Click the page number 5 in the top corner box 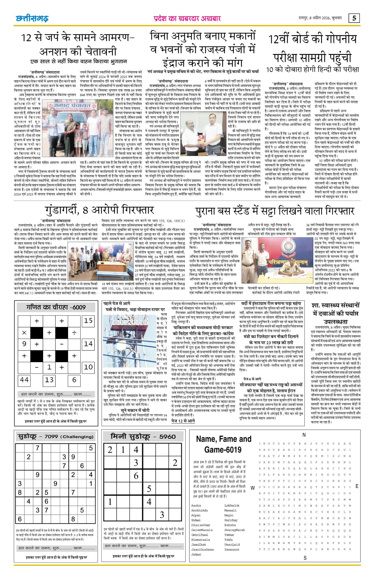pos(354,18)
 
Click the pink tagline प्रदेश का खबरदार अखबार pos(187,18)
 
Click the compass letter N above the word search pos(304,435)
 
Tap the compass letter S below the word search pos(305,558)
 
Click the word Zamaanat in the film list pos(232,549)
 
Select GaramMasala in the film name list pos(202,530)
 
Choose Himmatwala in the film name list pos(200,539)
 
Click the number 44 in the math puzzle pos(24,380)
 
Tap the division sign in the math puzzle pos(74,332)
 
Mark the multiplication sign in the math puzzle pos(24,332)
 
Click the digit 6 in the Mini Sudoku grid pos(136,475)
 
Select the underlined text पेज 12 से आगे pos(183,421)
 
